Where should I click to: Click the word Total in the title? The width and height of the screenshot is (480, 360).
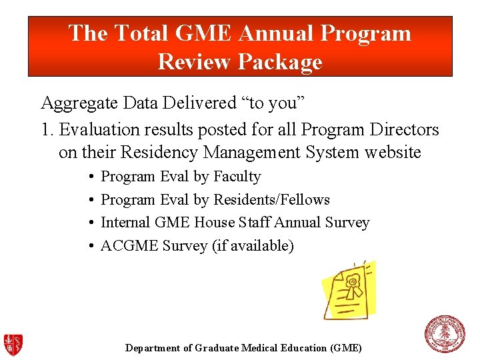pyautogui.click(x=141, y=33)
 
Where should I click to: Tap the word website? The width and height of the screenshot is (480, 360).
pyautogui.click(x=393, y=153)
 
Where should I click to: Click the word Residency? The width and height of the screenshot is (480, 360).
pyautogui.click(x=159, y=153)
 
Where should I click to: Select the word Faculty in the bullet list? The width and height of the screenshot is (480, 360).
pyautogui.click(x=237, y=177)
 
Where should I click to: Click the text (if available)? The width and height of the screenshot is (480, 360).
pyautogui.click(x=253, y=246)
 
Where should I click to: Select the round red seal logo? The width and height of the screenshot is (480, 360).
pyautogui.click(x=445, y=334)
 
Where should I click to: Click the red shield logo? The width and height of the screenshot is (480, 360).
pyautogui.click(x=13, y=345)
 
